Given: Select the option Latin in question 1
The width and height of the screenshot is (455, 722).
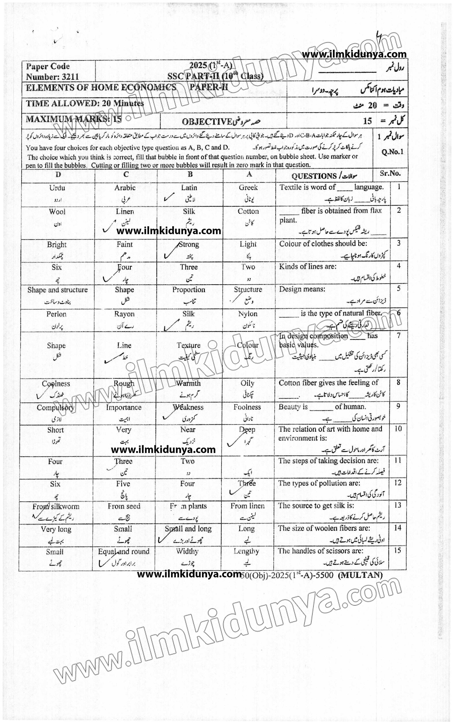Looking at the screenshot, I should click(189, 188).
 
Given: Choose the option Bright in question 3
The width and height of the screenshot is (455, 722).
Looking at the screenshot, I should click(57, 244).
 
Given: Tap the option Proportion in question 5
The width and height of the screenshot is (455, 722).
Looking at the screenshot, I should click(189, 290).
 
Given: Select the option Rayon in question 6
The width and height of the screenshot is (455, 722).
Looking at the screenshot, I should click(124, 314).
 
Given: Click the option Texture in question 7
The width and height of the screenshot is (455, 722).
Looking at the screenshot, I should click(188, 345).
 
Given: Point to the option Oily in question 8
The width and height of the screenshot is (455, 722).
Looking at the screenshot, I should click(247, 383).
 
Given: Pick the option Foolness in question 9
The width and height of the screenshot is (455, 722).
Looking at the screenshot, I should click(247, 407).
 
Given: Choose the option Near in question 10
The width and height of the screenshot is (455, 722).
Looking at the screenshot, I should click(188, 430).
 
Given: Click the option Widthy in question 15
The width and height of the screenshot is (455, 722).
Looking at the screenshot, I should click(187, 551).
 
